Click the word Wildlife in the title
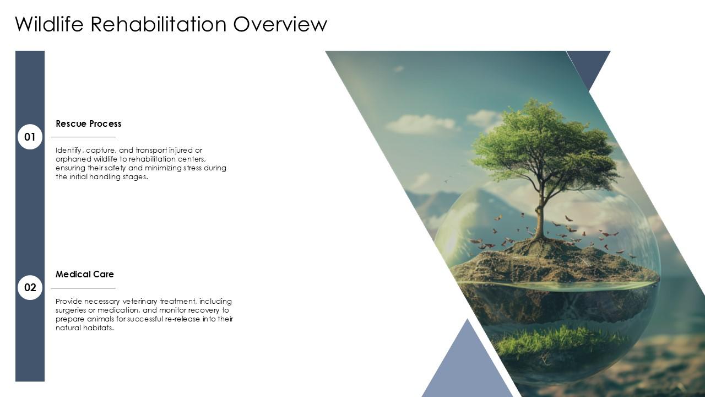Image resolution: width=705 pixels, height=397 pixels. [x=49, y=24]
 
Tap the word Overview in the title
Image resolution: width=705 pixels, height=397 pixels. [x=280, y=24]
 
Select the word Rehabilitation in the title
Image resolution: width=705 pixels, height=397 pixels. [x=159, y=24]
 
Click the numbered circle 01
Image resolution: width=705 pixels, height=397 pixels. [x=30, y=137]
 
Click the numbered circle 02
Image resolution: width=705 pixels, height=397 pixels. [x=30, y=287]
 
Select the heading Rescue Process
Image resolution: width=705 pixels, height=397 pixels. [x=89, y=124]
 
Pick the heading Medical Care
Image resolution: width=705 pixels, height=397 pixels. [x=85, y=274]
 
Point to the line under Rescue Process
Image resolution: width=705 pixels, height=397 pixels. [x=83, y=137]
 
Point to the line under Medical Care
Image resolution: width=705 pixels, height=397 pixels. [x=83, y=288]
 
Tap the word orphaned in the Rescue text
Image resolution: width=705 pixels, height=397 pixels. [x=73, y=159]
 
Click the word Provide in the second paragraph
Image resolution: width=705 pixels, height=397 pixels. [x=69, y=302]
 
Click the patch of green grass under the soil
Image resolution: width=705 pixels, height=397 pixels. [x=560, y=342]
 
